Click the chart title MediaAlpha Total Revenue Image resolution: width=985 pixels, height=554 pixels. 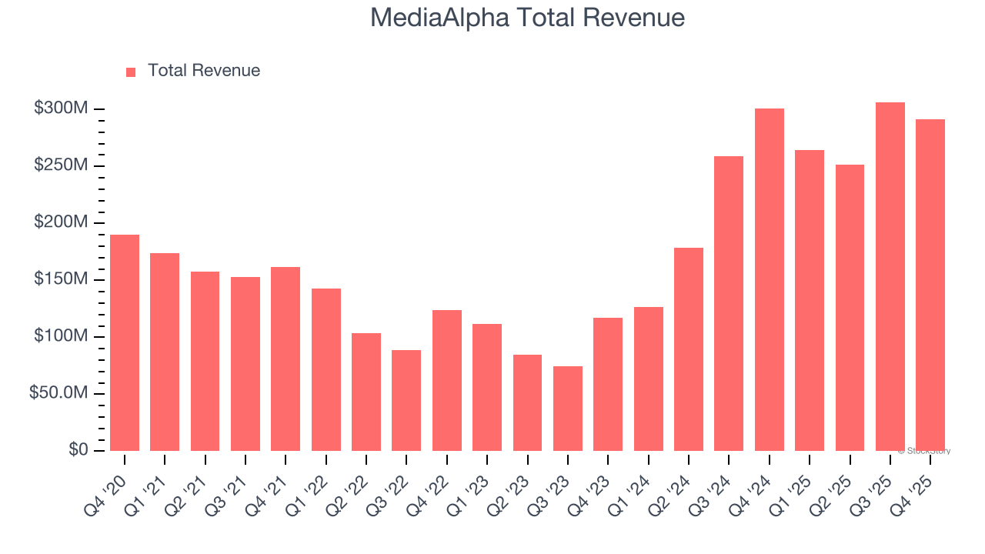point(527,17)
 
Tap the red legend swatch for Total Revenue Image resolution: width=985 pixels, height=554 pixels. point(131,72)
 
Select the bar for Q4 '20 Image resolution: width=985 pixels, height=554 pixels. point(125,342)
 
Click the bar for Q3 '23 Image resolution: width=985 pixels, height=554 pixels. point(568,409)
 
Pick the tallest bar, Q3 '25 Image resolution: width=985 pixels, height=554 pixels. point(890,277)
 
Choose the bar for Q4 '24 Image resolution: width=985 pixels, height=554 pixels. point(770,279)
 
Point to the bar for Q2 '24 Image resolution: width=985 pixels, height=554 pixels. point(689,349)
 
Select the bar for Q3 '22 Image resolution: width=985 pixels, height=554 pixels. point(406,400)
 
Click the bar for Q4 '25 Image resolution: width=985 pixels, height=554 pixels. point(930,285)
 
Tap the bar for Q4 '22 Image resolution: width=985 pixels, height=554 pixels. point(447,380)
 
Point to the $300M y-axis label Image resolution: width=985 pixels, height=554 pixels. point(61,108)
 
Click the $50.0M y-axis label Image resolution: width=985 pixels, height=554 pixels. point(58,393)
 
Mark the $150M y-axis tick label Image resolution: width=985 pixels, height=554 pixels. point(61,279)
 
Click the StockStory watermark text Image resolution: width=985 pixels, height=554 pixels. point(924,451)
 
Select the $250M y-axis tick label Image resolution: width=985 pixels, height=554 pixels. point(61,165)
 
